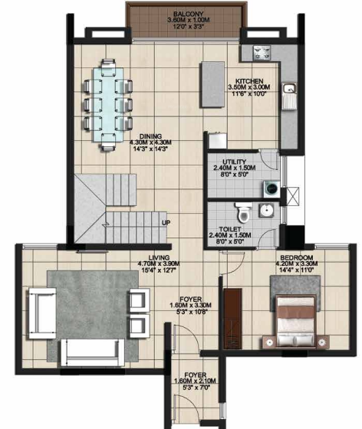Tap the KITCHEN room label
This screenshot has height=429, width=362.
point(249,81)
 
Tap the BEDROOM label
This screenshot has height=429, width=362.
point(295,256)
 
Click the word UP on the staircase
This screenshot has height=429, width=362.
point(165,223)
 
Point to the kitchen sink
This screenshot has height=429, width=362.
point(291,98)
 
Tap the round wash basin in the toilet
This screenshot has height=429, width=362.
point(267,211)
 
